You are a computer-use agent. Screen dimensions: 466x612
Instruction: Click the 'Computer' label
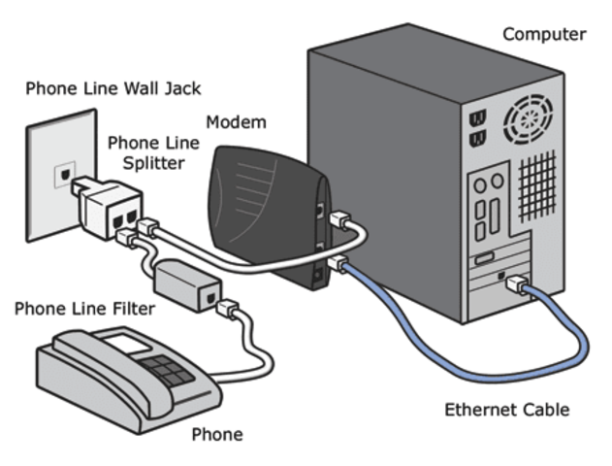(x=543, y=35)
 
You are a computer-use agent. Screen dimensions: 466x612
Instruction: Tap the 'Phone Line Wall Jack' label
(x=113, y=89)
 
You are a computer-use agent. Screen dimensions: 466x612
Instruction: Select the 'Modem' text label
(x=236, y=123)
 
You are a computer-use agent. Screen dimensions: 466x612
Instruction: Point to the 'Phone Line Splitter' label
(x=153, y=152)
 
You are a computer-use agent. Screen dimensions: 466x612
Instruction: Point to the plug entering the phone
(x=226, y=310)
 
